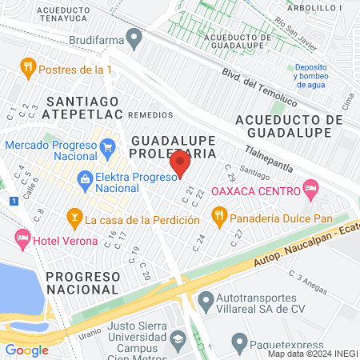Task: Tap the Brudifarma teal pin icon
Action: coord(135,37)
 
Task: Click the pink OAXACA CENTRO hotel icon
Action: coord(311,190)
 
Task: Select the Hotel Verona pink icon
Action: coord(22,238)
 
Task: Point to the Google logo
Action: coord(26,350)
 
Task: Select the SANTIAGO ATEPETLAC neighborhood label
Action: coord(82,110)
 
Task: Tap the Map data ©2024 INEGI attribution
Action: coord(312,354)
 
